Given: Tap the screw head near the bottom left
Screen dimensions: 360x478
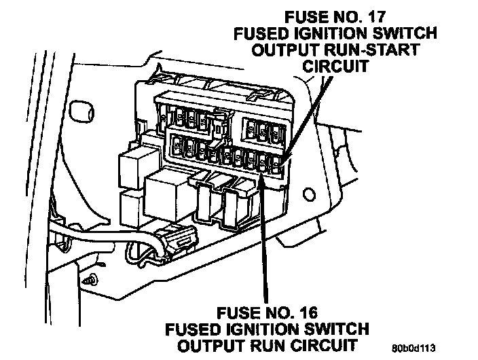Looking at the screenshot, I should click(x=91, y=279).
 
